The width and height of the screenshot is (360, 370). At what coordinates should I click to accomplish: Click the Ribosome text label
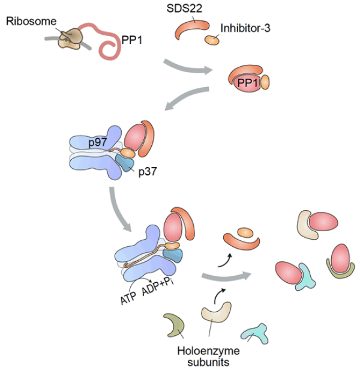[x=31, y=21]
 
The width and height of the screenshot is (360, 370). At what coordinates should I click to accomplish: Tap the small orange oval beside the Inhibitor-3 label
[x=211, y=40]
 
